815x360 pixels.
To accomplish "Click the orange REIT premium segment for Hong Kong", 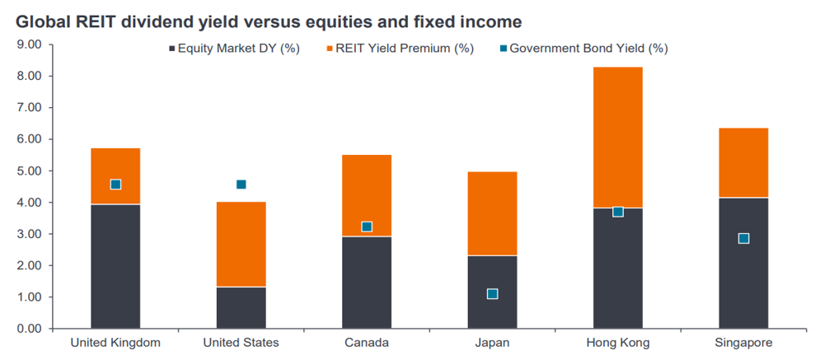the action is [x=617, y=138].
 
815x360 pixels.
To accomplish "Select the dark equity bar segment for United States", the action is [x=241, y=307].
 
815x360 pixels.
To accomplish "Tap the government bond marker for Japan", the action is [x=492, y=294].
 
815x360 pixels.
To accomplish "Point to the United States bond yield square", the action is [x=241, y=185].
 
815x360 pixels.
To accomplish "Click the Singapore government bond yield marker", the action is [x=743, y=238].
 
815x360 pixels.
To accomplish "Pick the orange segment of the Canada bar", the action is [x=367, y=195].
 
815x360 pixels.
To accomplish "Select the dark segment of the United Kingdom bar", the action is [x=115, y=266].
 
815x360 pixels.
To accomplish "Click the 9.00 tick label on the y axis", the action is [x=29, y=44].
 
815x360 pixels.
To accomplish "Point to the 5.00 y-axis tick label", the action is [x=29, y=171].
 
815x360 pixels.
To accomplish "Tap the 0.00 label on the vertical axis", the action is [x=29, y=329].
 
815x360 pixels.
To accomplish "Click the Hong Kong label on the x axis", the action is [x=617, y=344].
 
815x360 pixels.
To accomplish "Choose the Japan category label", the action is [x=492, y=344].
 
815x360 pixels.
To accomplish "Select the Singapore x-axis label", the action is [x=743, y=344].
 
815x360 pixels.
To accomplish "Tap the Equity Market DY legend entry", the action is [x=234, y=49].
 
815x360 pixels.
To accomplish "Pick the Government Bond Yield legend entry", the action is [x=583, y=49].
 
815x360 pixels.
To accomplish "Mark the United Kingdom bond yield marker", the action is [x=115, y=185].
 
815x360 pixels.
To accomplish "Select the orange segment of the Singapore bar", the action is [x=743, y=162].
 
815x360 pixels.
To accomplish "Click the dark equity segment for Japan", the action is [x=492, y=292].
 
